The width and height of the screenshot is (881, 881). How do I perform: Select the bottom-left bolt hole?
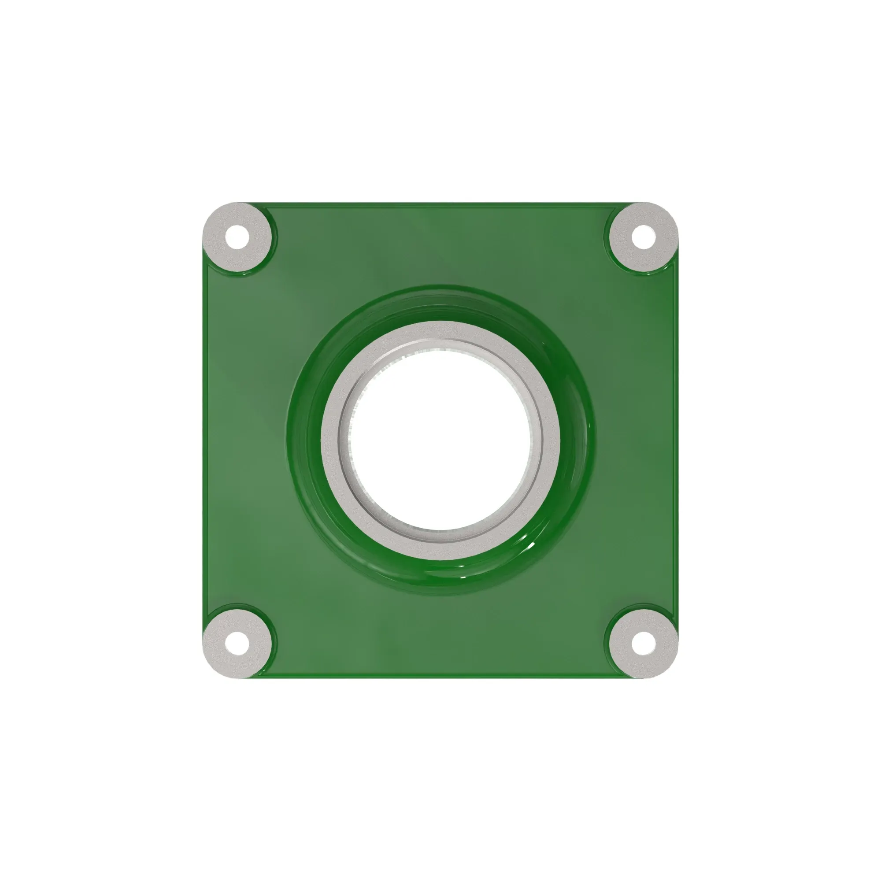point(237,644)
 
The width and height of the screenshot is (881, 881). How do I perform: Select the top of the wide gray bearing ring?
point(440,331)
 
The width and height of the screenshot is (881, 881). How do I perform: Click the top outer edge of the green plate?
point(440,205)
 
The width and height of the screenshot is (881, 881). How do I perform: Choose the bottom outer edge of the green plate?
point(440,676)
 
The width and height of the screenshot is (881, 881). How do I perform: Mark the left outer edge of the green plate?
point(204,440)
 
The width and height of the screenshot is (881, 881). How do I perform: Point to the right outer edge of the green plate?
point(676,440)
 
